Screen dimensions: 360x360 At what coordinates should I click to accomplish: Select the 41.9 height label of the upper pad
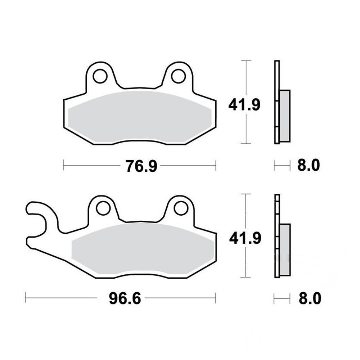(244, 105)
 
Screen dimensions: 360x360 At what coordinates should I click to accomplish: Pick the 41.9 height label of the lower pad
(245, 238)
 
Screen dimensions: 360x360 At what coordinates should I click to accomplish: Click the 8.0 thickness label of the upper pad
(309, 165)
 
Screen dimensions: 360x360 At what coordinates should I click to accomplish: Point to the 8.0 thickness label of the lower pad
(310, 298)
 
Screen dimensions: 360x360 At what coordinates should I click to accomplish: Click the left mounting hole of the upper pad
(100, 76)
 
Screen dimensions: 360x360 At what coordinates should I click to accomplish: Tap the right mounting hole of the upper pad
(179, 76)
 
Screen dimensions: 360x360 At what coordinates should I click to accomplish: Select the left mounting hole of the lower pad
(103, 208)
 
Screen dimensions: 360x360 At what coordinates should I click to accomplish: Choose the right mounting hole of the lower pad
(181, 208)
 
